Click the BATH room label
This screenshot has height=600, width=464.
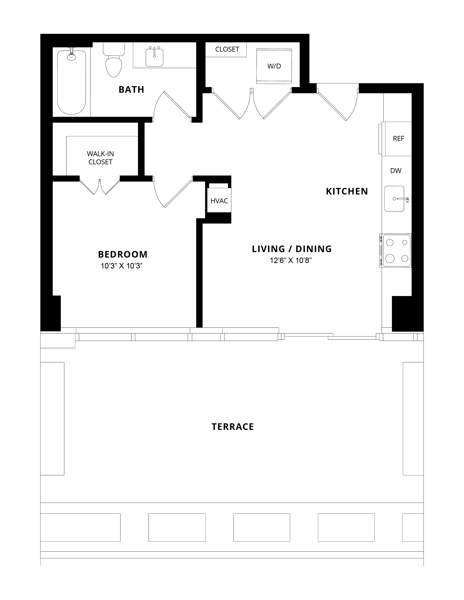131,90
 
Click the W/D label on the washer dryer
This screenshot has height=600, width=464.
274,66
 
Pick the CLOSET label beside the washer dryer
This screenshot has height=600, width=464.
227,49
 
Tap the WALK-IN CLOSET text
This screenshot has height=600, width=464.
100,158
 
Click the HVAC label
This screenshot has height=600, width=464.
219,201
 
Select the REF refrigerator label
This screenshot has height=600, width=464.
398,139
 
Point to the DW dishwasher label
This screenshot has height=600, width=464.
396,171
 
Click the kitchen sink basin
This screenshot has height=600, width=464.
394,199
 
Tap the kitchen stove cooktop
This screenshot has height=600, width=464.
396,250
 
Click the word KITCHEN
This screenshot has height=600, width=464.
347,191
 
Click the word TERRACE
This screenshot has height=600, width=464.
233,427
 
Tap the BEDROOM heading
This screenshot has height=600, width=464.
123,254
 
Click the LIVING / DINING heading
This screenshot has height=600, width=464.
292,249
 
